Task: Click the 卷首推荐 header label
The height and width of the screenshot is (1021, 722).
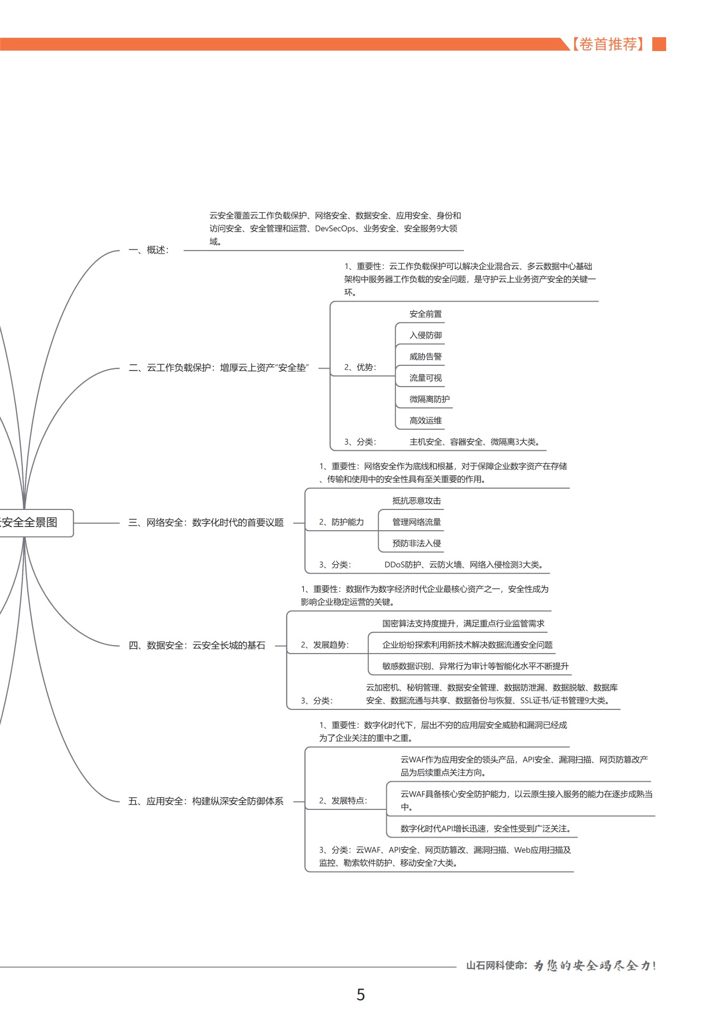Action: point(608,44)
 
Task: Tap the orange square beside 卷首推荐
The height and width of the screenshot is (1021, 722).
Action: point(659,44)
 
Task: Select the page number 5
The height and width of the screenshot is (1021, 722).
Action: point(361,994)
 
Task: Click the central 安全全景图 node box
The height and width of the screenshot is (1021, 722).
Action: point(32,522)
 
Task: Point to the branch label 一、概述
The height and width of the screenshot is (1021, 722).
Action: point(149,250)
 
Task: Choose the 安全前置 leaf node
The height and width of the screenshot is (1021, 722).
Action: point(425,314)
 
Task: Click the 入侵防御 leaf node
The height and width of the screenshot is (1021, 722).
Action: point(425,336)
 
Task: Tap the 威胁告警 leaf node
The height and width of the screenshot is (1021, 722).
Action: point(425,357)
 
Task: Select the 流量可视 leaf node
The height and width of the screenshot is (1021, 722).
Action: point(425,378)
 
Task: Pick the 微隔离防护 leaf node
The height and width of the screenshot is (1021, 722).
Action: point(429,399)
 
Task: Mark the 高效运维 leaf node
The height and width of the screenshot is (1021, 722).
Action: point(425,421)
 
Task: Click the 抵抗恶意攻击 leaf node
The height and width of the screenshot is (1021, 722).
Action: point(417,501)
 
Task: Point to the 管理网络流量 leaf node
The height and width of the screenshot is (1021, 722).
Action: point(417,522)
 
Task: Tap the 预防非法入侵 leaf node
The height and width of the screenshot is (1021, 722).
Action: point(417,543)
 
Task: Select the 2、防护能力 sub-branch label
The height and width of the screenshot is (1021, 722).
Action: point(342,522)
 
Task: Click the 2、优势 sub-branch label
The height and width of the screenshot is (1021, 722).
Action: point(360,367)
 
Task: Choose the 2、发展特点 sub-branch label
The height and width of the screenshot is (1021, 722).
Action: point(343,801)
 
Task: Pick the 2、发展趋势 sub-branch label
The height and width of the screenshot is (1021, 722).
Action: point(325,645)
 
